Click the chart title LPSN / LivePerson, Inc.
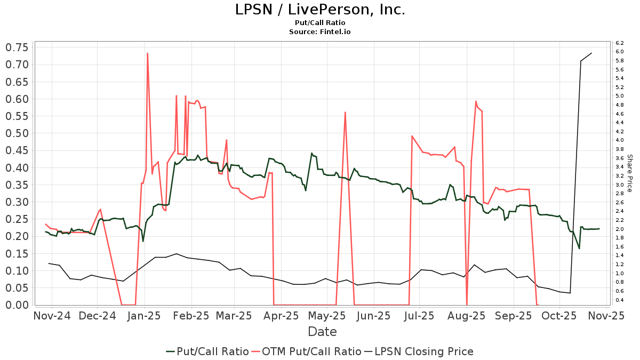pos(320,10)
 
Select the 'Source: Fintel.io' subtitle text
pos(320,31)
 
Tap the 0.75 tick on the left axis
pos(17,47)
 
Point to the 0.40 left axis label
pos(17,167)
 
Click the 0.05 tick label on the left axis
pos(17,287)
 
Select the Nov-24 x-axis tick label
pos(52,315)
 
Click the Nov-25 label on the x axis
pos(606,315)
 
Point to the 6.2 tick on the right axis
pos(620,43)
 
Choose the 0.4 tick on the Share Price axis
pos(620,300)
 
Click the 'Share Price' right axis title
pos(629,173)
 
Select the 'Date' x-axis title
pos(322,332)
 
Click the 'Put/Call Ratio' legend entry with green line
pos(207,351)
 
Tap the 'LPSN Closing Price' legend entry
pos(419,351)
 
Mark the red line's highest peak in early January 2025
pos(147,53)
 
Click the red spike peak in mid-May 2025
pos(346,112)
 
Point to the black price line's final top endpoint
pos(591,53)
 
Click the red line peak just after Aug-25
pos(476,101)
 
